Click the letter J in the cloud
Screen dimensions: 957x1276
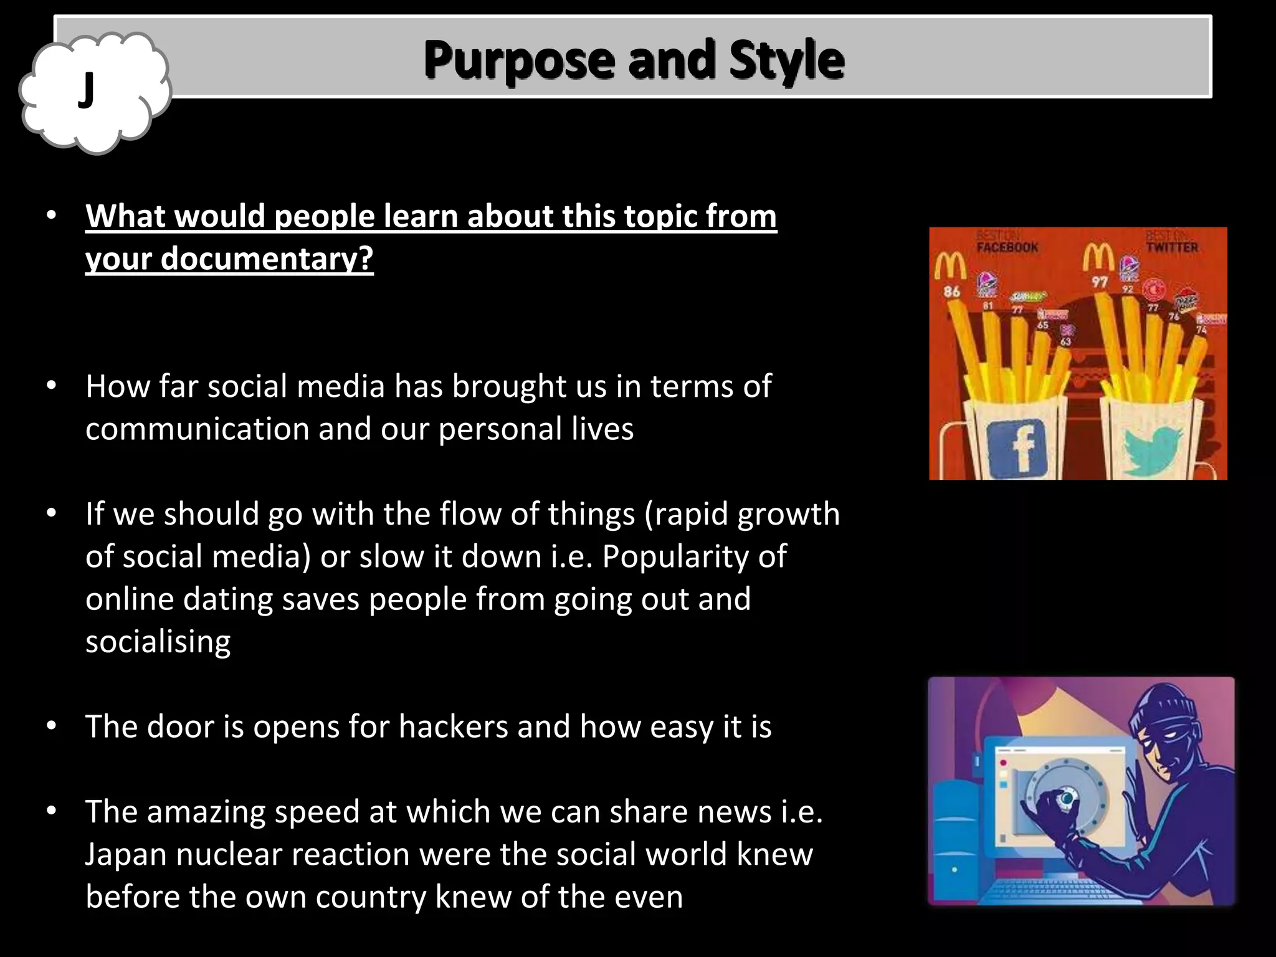(x=87, y=91)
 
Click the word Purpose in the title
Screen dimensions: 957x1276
(x=519, y=60)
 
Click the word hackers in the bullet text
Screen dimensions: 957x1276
(x=453, y=726)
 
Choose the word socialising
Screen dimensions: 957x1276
(x=158, y=641)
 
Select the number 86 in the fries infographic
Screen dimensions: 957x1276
(x=951, y=291)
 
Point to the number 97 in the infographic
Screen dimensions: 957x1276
(x=1100, y=282)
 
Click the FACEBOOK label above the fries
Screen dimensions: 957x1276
(x=1007, y=247)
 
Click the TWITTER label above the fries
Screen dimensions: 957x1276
(x=1172, y=247)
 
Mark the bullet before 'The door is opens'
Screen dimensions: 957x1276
(x=51, y=726)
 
